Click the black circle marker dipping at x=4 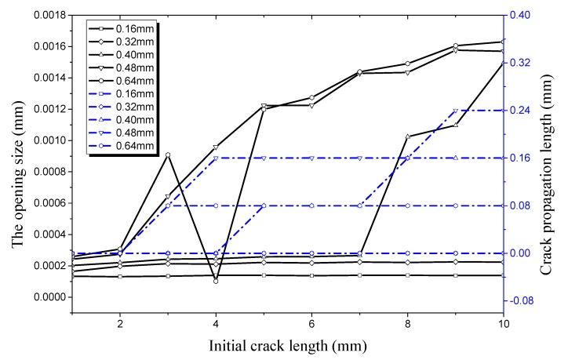(216, 281)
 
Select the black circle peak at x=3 (168, 155)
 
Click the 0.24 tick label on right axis (523, 111)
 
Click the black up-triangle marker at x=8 (408, 136)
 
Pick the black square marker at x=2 (120, 277)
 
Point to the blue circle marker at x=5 (264, 205)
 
